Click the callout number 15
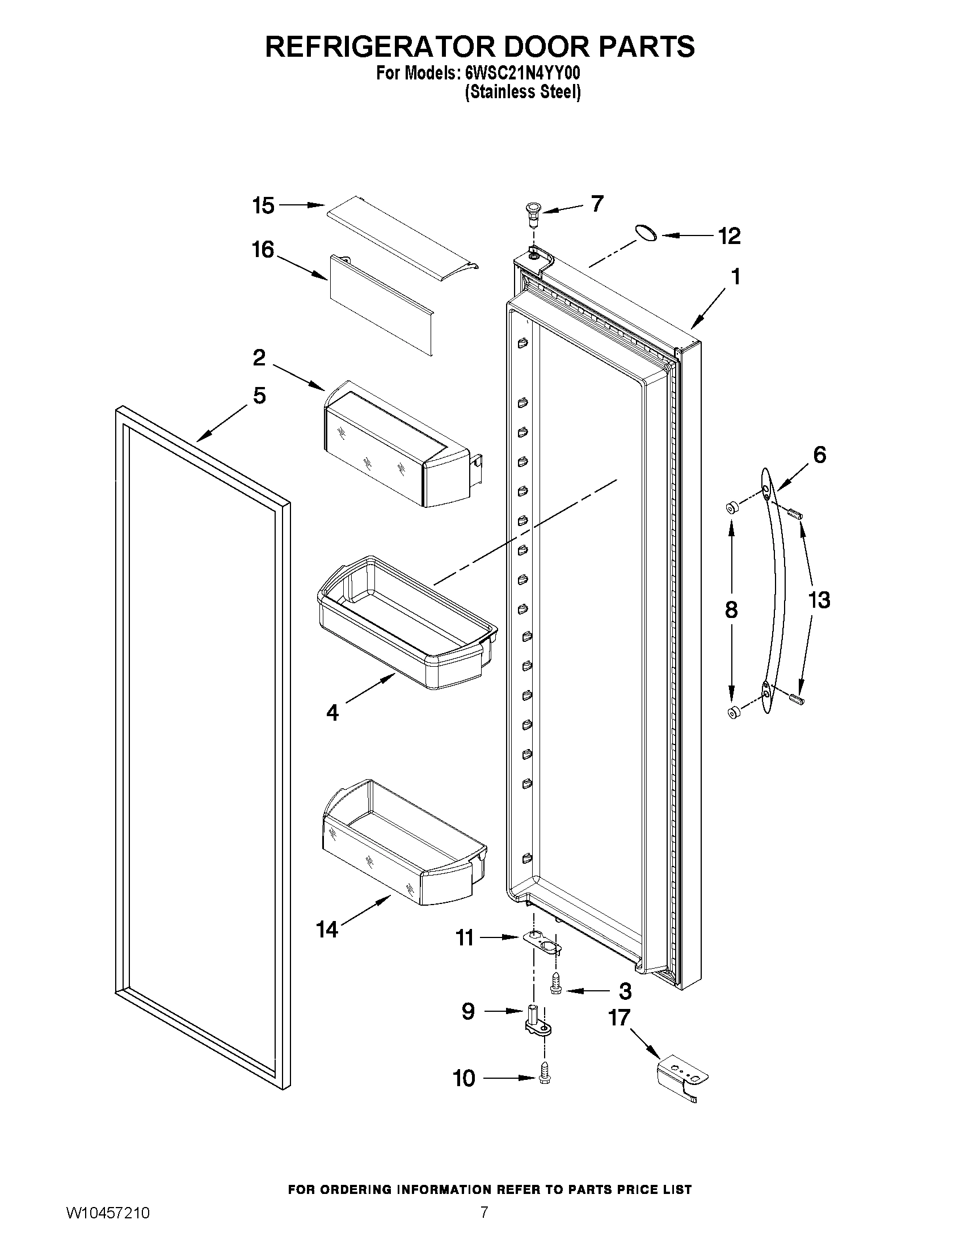coord(264,205)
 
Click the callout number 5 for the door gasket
coord(259,395)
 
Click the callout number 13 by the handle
coord(819,600)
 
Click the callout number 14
coord(327,930)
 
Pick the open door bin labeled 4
coord(406,623)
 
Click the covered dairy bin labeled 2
coord(400,446)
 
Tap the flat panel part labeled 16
coord(380,312)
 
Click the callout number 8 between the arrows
coord(731,610)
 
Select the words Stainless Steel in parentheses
coord(522,92)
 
